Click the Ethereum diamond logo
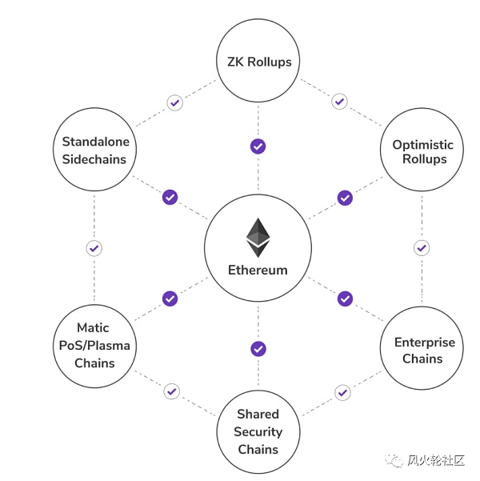tap(258, 237)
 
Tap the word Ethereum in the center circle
tap(258, 270)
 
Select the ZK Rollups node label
tap(258, 61)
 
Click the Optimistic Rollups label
tap(422, 151)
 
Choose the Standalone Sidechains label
tap(95, 150)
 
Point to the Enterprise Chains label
tap(424, 351)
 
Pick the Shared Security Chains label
tap(258, 431)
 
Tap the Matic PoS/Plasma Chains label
tap(94, 345)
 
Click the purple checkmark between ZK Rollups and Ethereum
tap(258, 146)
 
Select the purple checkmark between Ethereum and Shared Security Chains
tap(258, 349)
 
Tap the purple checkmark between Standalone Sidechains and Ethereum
tap(170, 197)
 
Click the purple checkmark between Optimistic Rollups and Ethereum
tap(345, 197)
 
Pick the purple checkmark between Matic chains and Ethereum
tap(170, 299)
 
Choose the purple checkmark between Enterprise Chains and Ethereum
tap(345, 299)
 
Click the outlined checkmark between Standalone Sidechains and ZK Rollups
tap(174, 102)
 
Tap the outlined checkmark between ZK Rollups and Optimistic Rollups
tap(339, 102)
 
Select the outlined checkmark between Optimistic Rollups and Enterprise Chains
tap(422, 247)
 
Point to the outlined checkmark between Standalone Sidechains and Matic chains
tap(94, 247)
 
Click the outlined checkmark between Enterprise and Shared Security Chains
tap(342, 392)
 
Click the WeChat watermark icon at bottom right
tap(394, 460)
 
